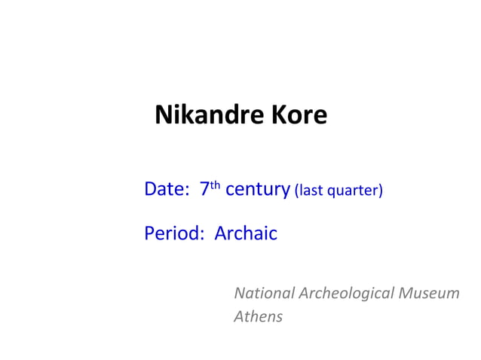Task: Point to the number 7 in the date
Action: point(204,189)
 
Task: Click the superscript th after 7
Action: point(215,185)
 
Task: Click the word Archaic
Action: point(246,234)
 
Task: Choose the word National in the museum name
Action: point(263,293)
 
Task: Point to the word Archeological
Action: point(346,294)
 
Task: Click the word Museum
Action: point(429,293)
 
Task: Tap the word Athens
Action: point(258,316)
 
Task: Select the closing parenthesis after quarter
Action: point(381,191)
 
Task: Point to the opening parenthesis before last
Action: point(297,191)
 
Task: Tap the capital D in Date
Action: point(150,189)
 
